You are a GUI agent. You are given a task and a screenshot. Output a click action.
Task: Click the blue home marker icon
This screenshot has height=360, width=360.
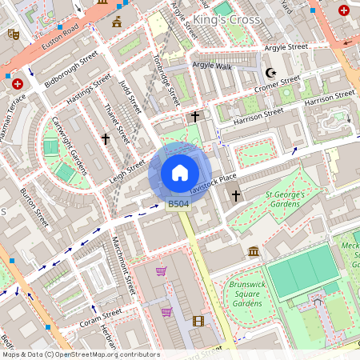pos(180,173)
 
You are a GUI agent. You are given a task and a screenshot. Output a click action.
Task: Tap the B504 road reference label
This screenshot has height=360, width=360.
pos(178,205)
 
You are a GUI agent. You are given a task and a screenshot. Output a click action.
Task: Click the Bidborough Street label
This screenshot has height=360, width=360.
pos(71,70)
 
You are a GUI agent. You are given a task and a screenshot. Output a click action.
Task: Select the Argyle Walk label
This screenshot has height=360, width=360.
pos(212,66)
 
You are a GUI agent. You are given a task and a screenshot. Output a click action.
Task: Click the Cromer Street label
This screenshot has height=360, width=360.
pos(278,84)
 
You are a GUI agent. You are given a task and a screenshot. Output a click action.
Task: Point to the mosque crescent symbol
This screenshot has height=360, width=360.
pos(270,72)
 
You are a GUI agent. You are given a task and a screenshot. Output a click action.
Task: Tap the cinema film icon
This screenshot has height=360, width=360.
pos(198,321)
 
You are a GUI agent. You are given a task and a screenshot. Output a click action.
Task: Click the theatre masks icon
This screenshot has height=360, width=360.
pos(13,34)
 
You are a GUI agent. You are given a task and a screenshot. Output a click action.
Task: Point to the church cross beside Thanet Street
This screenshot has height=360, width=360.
pos(105,138)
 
